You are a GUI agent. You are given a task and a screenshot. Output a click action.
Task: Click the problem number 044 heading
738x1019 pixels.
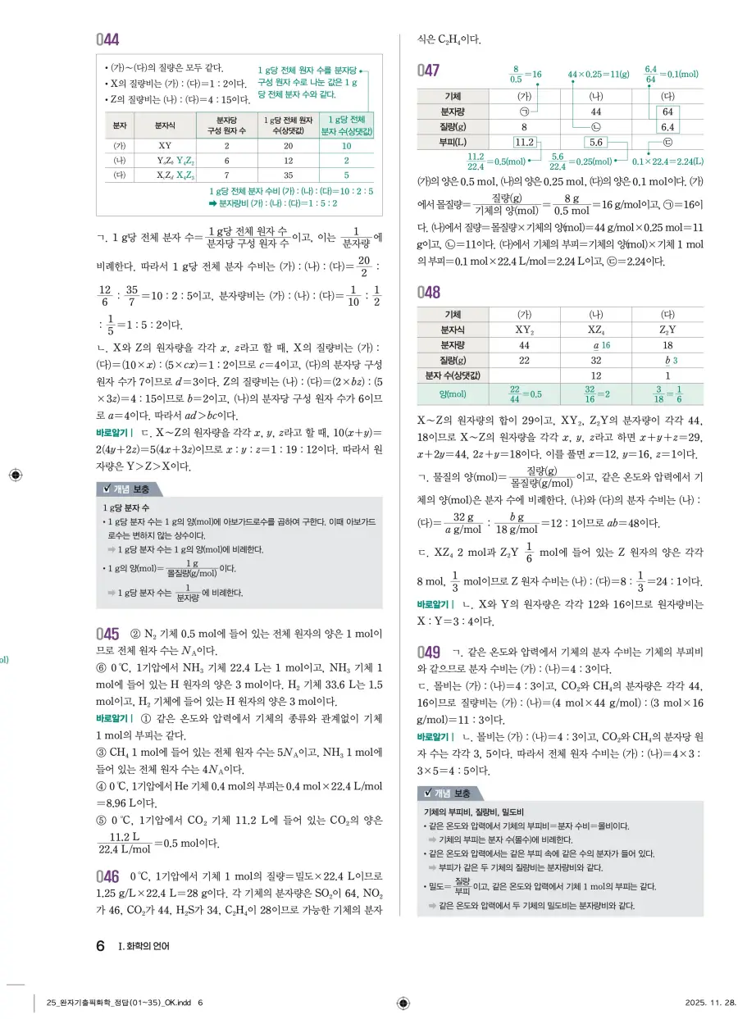coord(107,39)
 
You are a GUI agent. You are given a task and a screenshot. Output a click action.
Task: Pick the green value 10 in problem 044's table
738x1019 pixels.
coord(347,144)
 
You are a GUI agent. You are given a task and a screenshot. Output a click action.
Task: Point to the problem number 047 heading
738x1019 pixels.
coord(430,71)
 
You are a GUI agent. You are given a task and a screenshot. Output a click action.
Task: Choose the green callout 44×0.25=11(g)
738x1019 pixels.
coord(598,75)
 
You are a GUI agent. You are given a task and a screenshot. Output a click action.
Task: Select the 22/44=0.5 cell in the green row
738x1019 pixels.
coord(523,394)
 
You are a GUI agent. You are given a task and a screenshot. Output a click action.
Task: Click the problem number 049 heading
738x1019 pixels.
coord(430,653)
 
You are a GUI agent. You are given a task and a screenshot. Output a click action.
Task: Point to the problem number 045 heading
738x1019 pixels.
coord(107,634)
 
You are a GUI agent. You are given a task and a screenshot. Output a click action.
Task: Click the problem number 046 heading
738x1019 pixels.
coord(107,876)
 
